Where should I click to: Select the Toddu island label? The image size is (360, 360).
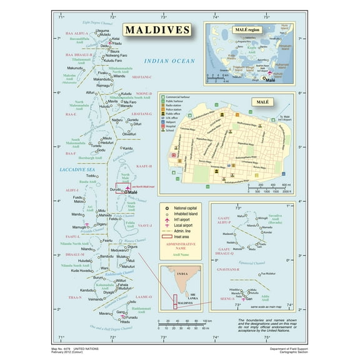coord(91,176)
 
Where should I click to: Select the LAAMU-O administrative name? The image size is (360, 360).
coord(143,296)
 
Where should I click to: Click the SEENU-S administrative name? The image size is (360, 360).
coord(226,298)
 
